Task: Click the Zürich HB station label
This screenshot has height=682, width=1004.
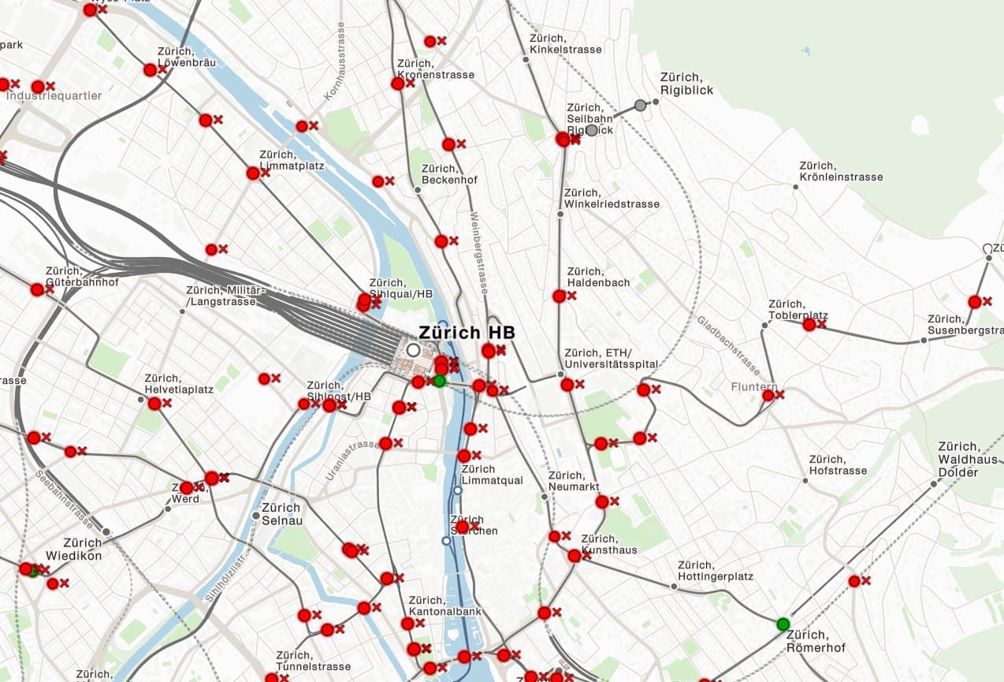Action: pos(467,332)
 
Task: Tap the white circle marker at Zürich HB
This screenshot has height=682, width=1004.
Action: pos(413,349)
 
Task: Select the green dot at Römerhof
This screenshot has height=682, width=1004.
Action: pos(783,624)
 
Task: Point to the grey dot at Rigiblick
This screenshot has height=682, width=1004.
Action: pos(640,105)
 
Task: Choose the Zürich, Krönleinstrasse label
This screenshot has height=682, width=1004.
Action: pos(840,171)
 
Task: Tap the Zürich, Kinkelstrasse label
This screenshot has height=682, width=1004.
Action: pos(565,43)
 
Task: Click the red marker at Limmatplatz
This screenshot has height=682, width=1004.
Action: pos(253,173)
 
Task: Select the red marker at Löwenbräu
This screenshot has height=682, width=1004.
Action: pos(150,70)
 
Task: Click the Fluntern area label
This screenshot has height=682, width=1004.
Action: pos(753,386)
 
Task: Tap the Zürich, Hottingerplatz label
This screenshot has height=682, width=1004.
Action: pos(715,571)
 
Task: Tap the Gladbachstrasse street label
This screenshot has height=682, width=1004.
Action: pos(728,345)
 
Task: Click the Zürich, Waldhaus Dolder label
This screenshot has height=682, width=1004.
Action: pos(968,459)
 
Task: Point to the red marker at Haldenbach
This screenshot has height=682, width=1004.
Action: pos(559,296)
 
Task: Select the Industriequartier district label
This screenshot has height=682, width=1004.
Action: pos(54,95)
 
